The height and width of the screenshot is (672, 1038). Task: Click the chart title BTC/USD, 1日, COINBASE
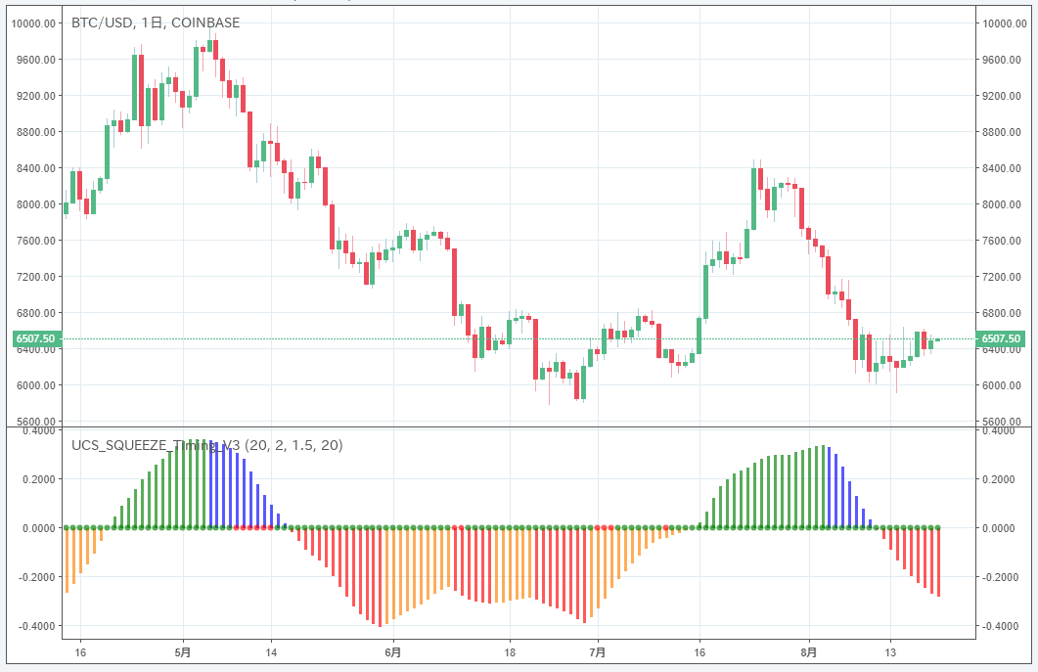tap(156, 22)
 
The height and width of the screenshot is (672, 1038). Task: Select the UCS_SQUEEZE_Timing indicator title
tap(206, 445)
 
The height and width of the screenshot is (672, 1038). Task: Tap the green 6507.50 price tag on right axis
tap(1002, 338)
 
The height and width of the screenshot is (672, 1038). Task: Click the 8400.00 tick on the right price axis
tap(1003, 168)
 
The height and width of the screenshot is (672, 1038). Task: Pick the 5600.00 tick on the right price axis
tap(1003, 422)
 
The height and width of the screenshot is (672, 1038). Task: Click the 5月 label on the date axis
tap(183, 651)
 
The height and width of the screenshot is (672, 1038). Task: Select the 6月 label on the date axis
tap(392, 651)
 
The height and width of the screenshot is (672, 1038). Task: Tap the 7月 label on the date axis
tap(599, 651)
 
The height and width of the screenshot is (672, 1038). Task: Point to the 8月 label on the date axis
tap(808, 651)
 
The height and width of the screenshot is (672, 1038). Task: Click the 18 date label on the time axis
tap(510, 651)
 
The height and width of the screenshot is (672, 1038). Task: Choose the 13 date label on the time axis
tap(890, 651)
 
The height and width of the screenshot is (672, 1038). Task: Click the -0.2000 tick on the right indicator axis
tap(1001, 577)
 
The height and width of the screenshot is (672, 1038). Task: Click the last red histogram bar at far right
tap(938, 562)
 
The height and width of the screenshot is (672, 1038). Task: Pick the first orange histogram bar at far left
tap(67, 560)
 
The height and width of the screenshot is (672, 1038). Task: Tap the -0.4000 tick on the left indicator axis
tap(37, 626)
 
